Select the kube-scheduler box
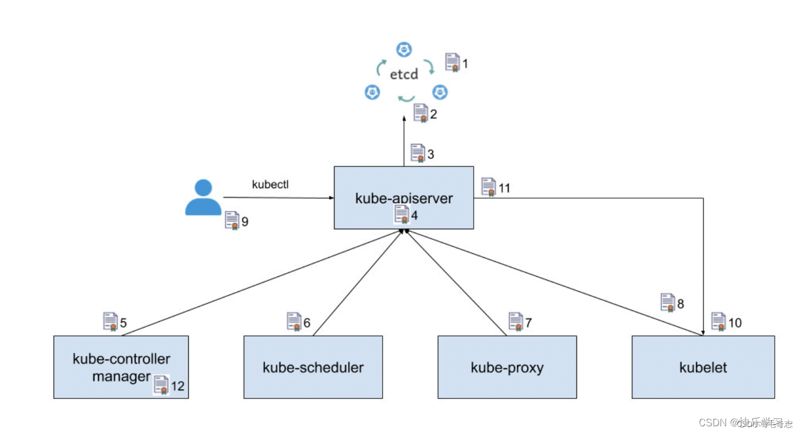tap(313, 367)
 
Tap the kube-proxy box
tap(507, 367)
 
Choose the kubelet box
tap(703, 367)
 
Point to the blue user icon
tap(203, 198)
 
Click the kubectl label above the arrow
tap(270, 185)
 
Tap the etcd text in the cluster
tap(404, 75)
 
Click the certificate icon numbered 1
tap(452, 62)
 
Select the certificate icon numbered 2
tap(421, 113)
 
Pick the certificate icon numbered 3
tap(418, 153)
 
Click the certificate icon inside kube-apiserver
tap(402, 214)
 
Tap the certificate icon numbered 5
tap(110, 321)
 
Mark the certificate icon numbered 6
tap(294, 321)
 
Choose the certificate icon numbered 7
tap(516, 321)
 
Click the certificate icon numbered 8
tap(667, 302)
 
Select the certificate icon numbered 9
tap(232, 220)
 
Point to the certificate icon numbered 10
tap(718, 321)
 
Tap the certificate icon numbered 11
tap(488, 187)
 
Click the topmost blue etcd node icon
tap(403, 50)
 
